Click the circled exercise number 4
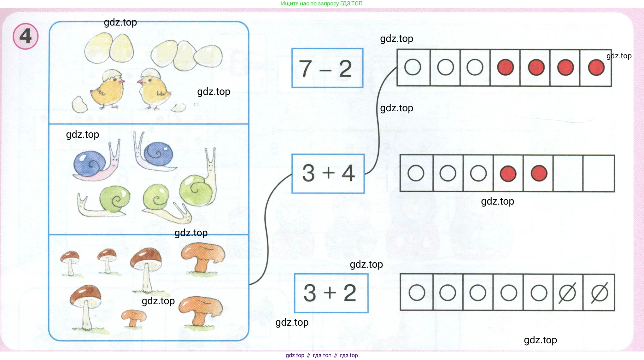(26, 36)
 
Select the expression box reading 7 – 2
(327, 68)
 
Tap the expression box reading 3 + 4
(328, 173)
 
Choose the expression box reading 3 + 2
(331, 293)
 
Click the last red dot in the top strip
(596, 67)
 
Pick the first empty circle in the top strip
(413, 67)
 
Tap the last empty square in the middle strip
(599, 173)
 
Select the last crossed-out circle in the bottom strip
(600, 293)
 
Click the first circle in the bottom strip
(417, 293)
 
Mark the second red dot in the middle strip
(539, 173)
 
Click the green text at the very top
(322, 3)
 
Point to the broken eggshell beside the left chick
(79, 104)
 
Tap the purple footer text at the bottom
(322, 355)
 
